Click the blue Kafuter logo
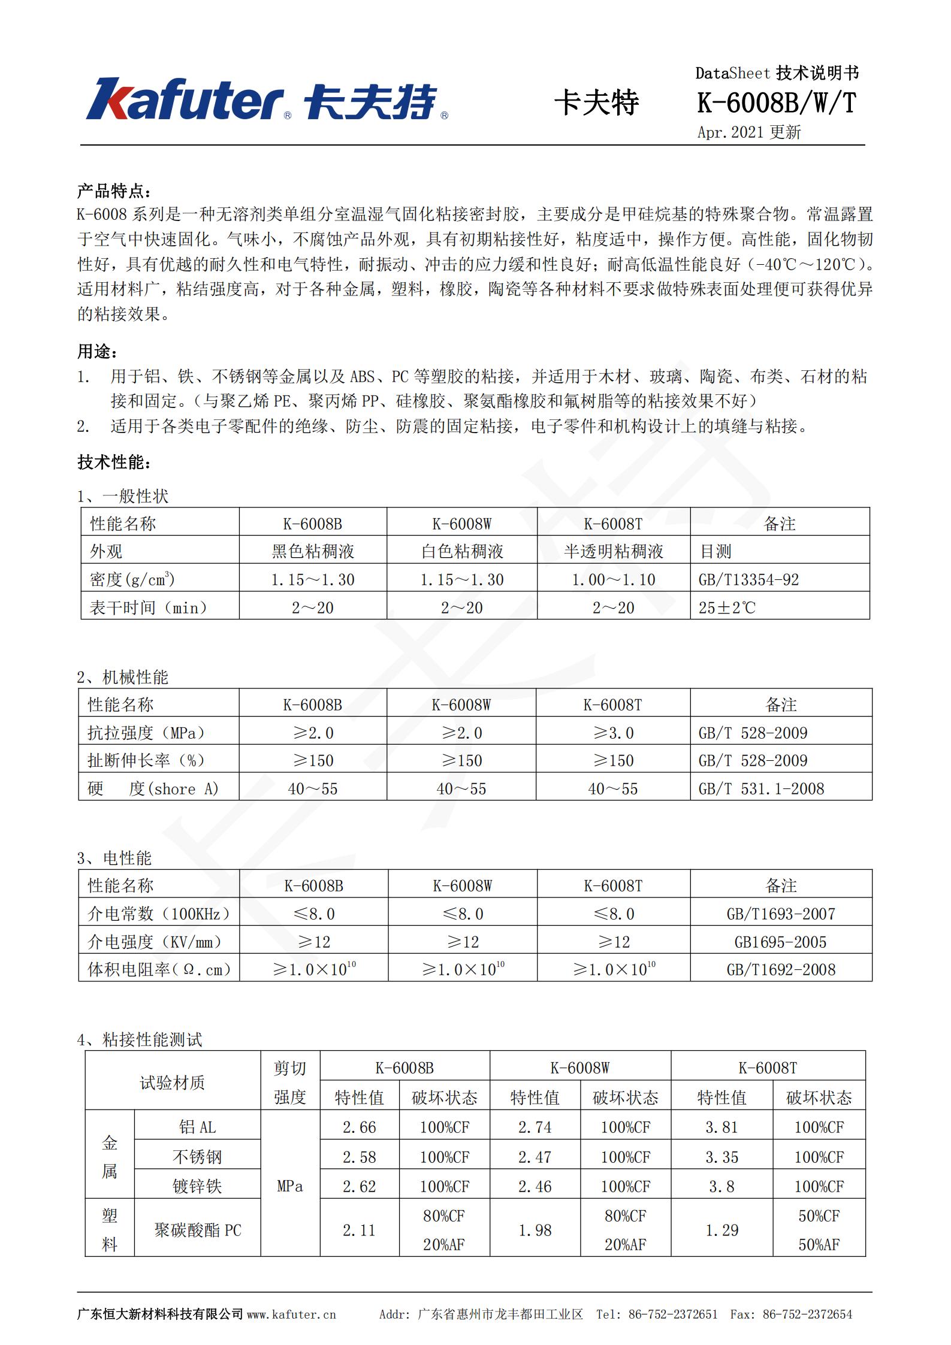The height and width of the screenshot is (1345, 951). (267, 99)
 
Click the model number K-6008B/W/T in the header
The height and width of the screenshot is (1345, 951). (777, 103)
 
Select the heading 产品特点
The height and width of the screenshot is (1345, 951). (114, 191)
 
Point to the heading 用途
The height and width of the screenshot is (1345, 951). (97, 352)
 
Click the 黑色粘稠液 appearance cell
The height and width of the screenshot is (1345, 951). (313, 551)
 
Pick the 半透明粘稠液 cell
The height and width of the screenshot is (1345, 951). (613, 551)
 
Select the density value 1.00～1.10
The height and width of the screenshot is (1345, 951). (613, 579)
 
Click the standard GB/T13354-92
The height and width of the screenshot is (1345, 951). (748, 579)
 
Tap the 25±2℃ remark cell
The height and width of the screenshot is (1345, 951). (727, 607)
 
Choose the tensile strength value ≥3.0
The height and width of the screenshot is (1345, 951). (613, 733)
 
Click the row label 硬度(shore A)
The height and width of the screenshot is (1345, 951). (153, 788)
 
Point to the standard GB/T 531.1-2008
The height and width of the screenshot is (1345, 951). (761, 788)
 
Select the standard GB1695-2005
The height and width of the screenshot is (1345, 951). (780, 942)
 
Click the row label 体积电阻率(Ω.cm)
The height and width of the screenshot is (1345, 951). (159, 969)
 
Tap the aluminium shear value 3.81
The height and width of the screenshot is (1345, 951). (721, 1127)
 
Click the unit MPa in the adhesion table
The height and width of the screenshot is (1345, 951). (290, 1186)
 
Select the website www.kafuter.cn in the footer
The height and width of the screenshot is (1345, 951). (291, 1314)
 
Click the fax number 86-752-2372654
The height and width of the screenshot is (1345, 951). (807, 1314)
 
